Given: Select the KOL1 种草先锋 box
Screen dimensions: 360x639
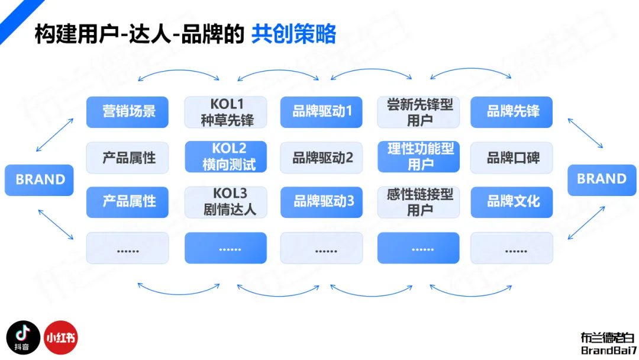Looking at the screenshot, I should (x=225, y=112).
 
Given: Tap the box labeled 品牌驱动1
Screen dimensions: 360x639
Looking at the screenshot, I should (x=321, y=112).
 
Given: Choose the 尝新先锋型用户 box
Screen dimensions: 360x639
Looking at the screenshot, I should (x=419, y=112).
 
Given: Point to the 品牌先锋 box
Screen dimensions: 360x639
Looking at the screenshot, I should (x=512, y=112).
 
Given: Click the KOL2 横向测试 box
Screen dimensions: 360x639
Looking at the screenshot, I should (x=225, y=157).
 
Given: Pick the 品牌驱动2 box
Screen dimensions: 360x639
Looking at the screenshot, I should (x=321, y=157).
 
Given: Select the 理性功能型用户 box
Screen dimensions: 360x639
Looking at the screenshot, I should (x=419, y=157).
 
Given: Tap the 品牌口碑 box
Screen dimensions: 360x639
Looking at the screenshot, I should (x=512, y=157).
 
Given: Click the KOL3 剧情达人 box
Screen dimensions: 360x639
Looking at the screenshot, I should (x=225, y=202).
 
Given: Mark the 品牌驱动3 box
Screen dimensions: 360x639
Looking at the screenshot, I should (x=321, y=202).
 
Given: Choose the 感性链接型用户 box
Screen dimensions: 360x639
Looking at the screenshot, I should (x=419, y=202).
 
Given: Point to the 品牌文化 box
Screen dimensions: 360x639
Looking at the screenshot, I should (x=512, y=202).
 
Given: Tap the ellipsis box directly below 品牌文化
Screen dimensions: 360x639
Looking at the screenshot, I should (x=512, y=248).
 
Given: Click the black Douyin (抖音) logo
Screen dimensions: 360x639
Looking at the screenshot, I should (x=23, y=338).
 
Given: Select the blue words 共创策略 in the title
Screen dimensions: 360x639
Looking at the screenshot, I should (x=293, y=34).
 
